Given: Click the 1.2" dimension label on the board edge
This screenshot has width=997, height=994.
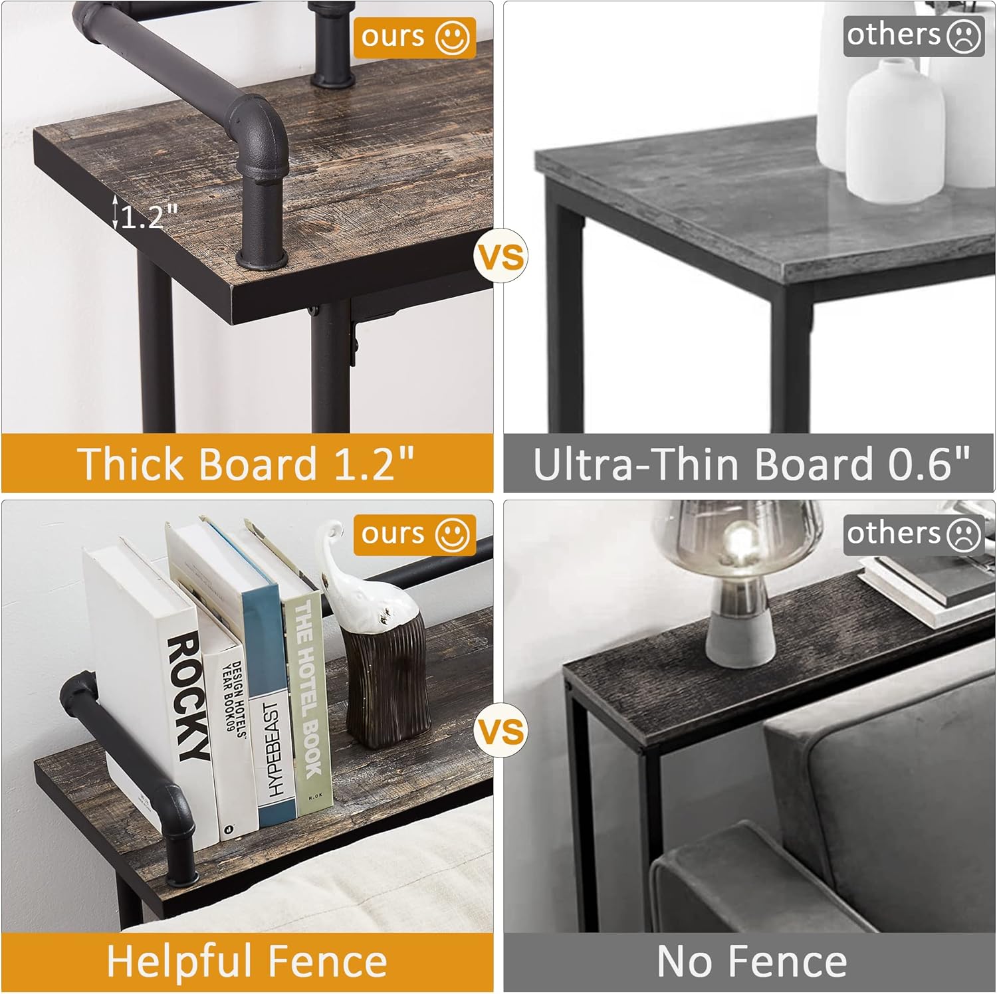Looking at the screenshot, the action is click(148, 216).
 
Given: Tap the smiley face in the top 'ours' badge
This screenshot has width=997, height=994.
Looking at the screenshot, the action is click(452, 37).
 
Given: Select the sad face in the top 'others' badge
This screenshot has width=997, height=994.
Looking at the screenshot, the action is click(963, 35).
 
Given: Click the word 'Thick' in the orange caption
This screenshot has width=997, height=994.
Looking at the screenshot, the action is click(130, 463).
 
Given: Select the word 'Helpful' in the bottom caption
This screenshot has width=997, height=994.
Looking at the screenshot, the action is click(177, 961).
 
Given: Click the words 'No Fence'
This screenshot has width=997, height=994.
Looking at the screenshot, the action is click(752, 961).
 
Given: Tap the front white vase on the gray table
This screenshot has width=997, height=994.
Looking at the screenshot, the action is click(895, 130).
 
